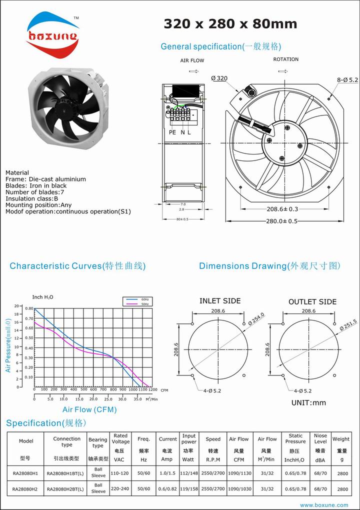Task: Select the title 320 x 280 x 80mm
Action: pyautogui.click(x=230, y=23)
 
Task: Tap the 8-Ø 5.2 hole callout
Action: pyautogui.click(x=347, y=79)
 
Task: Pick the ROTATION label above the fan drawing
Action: pyautogui.click(x=285, y=59)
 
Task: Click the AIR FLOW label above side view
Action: pyautogui.click(x=192, y=60)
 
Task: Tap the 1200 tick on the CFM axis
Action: pyautogui.click(x=152, y=389)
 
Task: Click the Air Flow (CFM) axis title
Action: pyautogui.click(x=89, y=409)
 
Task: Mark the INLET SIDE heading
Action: pyautogui.click(x=220, y=301)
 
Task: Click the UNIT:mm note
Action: pyautogui.click(x=308, y=402)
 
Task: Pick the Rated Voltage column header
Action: pyautogui.click(x=120, y=439)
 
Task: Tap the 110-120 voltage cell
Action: pyautogui.click(x=120, y=472)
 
